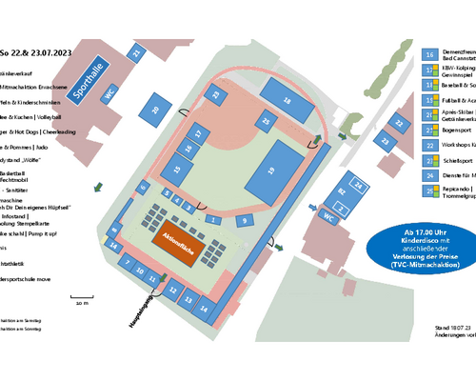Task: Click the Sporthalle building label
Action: [x=87, y=73]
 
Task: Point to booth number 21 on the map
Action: [x=135, y=55]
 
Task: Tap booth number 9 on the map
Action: [x=245, y=220]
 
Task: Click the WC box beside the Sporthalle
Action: [x=109, y=93]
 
